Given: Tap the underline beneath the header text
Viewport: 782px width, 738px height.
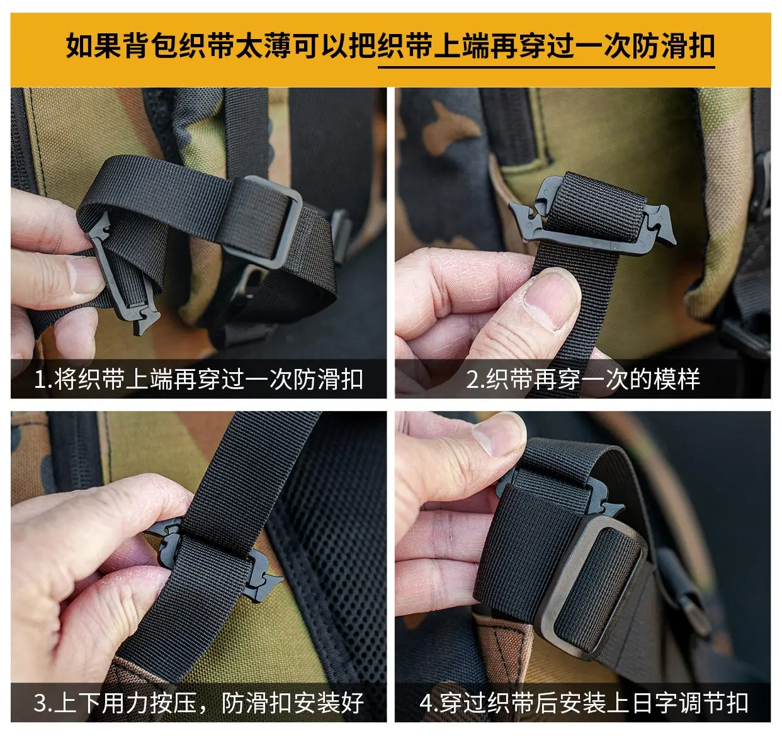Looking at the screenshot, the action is click(x=546, y=67).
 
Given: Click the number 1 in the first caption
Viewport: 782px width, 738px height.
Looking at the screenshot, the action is click(x=40, y=380).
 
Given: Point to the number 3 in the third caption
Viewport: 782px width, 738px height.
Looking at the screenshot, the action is click(x=40, y=703).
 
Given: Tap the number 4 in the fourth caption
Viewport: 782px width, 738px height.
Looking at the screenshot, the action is click(x=427, y=703).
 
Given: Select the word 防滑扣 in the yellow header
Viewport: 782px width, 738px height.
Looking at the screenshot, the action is click(x=673, y=46).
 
